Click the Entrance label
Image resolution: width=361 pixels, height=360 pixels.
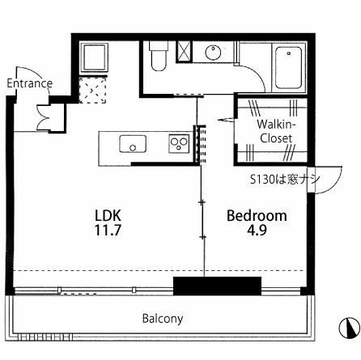[x=30, y=83]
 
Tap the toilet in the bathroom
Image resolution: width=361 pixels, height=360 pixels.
[x=159, y=56]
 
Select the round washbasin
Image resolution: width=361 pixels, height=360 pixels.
[x=213, y=52]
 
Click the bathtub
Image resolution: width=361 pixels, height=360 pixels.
[x=289, y=68]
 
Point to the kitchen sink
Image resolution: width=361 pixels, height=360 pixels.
[x=133, y=144]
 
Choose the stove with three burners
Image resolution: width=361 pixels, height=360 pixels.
[x=179, y=144]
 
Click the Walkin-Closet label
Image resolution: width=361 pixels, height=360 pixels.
[x=276, y=131]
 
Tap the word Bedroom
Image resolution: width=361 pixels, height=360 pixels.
[x=257, y=216]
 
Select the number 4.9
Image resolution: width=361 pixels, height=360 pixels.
[x=257, y=230]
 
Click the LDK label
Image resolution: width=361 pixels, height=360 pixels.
[x=108, y=215]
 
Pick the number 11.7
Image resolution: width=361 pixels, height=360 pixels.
[x=108, y=230]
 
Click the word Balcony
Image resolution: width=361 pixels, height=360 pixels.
[x=163, y=319]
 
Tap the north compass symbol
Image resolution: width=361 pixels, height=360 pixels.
[x=350, y=327]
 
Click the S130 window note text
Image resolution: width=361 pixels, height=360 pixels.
[x=285, y=180]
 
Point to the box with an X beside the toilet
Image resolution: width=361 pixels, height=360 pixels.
[x=184, y=52]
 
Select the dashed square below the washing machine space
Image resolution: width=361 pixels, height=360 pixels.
[x=92, y=90]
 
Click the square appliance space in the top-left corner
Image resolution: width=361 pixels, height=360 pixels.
[x=95, y=57]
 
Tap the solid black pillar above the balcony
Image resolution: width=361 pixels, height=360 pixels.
[x=217, y=286]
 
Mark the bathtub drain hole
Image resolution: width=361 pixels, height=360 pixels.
[x=289, y=53]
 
